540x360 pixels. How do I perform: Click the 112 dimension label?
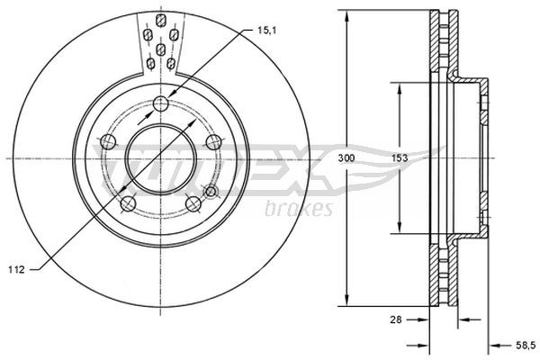pyautogui.click(x=15, y=267)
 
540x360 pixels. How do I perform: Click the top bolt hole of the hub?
pyautogui.click(x=161, y=102)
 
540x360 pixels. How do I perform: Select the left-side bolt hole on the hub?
pyautogui.click(x=108, y=141)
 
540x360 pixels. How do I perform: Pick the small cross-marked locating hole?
pyautogui.click(x=211, y=191)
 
